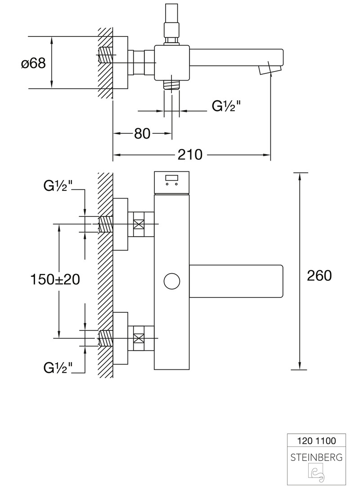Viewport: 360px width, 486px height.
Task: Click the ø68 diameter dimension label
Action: point(33,63)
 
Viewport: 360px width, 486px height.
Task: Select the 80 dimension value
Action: point(142,134)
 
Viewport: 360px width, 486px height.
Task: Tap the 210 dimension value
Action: point(190,154)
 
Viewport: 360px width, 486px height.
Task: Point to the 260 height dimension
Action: point(319,275)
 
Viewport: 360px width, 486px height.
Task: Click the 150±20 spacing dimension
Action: point(55,279)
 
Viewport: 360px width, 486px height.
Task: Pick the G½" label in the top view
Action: point(226,106)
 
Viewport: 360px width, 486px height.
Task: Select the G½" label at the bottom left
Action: point(58,368)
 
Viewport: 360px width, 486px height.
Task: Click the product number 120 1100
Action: point(316,441)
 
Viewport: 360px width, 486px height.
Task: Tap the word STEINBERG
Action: point(316,457)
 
